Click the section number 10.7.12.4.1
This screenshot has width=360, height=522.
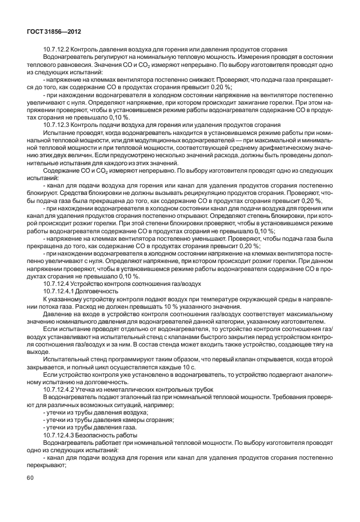(x=62, y=291)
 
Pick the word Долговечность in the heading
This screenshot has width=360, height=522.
(x=101, y=291)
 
